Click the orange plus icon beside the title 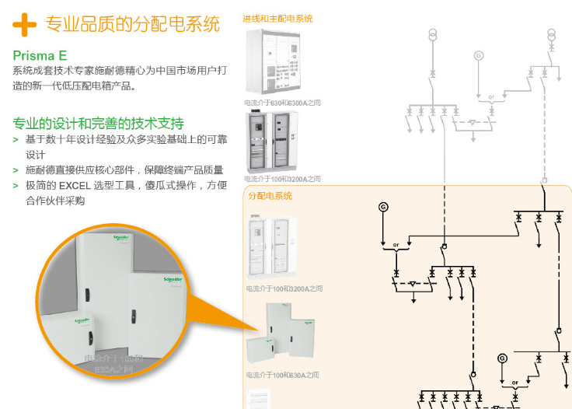24,24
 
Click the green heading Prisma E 40,55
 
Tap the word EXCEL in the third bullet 75,186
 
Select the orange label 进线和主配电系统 277,19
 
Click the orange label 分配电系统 270,196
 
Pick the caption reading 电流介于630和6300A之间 282,103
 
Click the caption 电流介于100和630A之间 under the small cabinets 282,376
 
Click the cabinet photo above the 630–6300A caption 271,63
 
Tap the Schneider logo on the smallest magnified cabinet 81,320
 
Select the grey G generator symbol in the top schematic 479,55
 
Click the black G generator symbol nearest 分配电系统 382,206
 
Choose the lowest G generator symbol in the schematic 502,358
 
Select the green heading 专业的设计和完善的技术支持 98,124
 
